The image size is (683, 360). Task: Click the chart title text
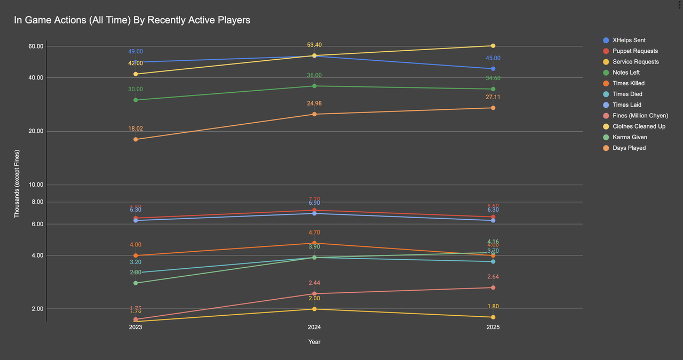pos(132,20)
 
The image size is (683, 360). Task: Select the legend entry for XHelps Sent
pos(629,41)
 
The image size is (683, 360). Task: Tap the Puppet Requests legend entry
pos(635,51)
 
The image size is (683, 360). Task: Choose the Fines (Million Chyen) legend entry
pos(640,116)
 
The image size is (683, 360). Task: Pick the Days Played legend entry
pos(629,148)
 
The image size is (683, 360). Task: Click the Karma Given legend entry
pos(630,137)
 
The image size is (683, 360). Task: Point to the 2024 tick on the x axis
pos(314,327)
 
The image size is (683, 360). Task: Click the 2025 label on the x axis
pos(493,327)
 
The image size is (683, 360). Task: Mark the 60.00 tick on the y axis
pos(36,46)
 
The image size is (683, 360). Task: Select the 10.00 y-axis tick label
pos(36,185)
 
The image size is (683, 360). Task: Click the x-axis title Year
pos(314,342)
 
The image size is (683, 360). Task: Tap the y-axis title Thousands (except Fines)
pos(17,184)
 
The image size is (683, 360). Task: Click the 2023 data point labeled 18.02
pos(136,139)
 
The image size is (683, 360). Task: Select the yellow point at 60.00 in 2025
pos(493,46)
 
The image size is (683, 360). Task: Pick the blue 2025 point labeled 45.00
pos(493,69)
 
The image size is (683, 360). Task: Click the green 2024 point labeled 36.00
pos(314,86)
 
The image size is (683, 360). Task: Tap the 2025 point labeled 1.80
pos(493,317)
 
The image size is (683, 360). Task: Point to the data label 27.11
pos(493,98)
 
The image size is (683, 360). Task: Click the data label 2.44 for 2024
pos(314,283)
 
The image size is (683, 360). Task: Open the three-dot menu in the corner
pos(679,5)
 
